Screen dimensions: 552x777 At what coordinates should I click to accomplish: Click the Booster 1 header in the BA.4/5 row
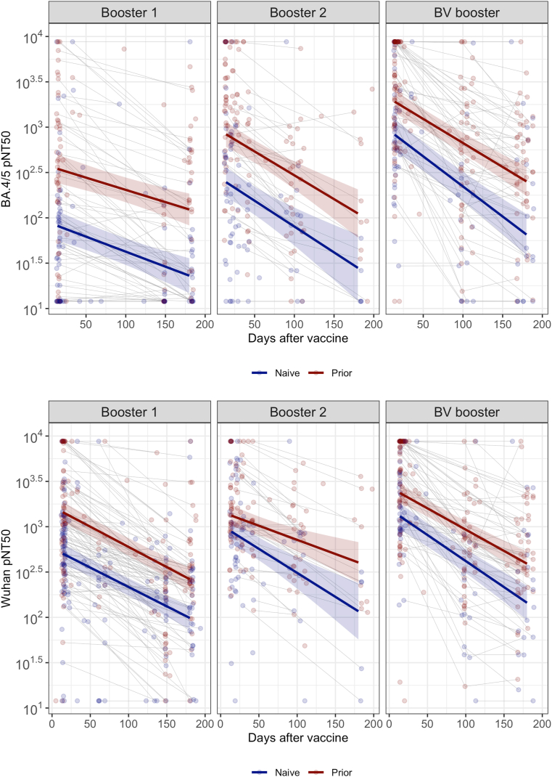(x=129, y=12)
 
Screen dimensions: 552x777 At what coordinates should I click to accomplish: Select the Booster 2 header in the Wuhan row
(x=298, y=412)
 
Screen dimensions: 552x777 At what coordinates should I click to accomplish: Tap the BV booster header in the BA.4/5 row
(x=467, y=12)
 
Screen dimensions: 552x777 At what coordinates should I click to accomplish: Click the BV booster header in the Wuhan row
(x=467, y=412)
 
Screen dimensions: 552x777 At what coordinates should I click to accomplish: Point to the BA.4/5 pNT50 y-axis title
(x=7, y=168)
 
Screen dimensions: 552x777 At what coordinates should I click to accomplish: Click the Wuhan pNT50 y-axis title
(x=7, y=569)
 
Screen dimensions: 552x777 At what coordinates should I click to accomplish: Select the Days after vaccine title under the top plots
(x=298, y=338)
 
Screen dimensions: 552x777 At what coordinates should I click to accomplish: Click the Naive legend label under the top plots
(x=287, y=373)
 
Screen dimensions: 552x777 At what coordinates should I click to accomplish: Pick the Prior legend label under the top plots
(x=342, y=373)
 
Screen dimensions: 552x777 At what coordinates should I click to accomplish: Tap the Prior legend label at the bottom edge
(x=342, y=772)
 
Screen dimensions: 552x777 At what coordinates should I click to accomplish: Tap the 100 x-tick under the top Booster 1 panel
(x=125, y=324)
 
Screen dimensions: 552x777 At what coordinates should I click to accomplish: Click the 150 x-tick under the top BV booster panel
(x=503, y=324)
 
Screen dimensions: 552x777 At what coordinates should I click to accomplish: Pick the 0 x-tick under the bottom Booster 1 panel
(x=52, y=724)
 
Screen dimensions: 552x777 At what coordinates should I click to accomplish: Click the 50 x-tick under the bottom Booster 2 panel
(x=259, y=724)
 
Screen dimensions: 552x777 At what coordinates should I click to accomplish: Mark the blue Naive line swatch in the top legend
(x=260, y=373)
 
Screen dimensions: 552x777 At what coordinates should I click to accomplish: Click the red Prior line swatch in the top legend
(x=316, y=373)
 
